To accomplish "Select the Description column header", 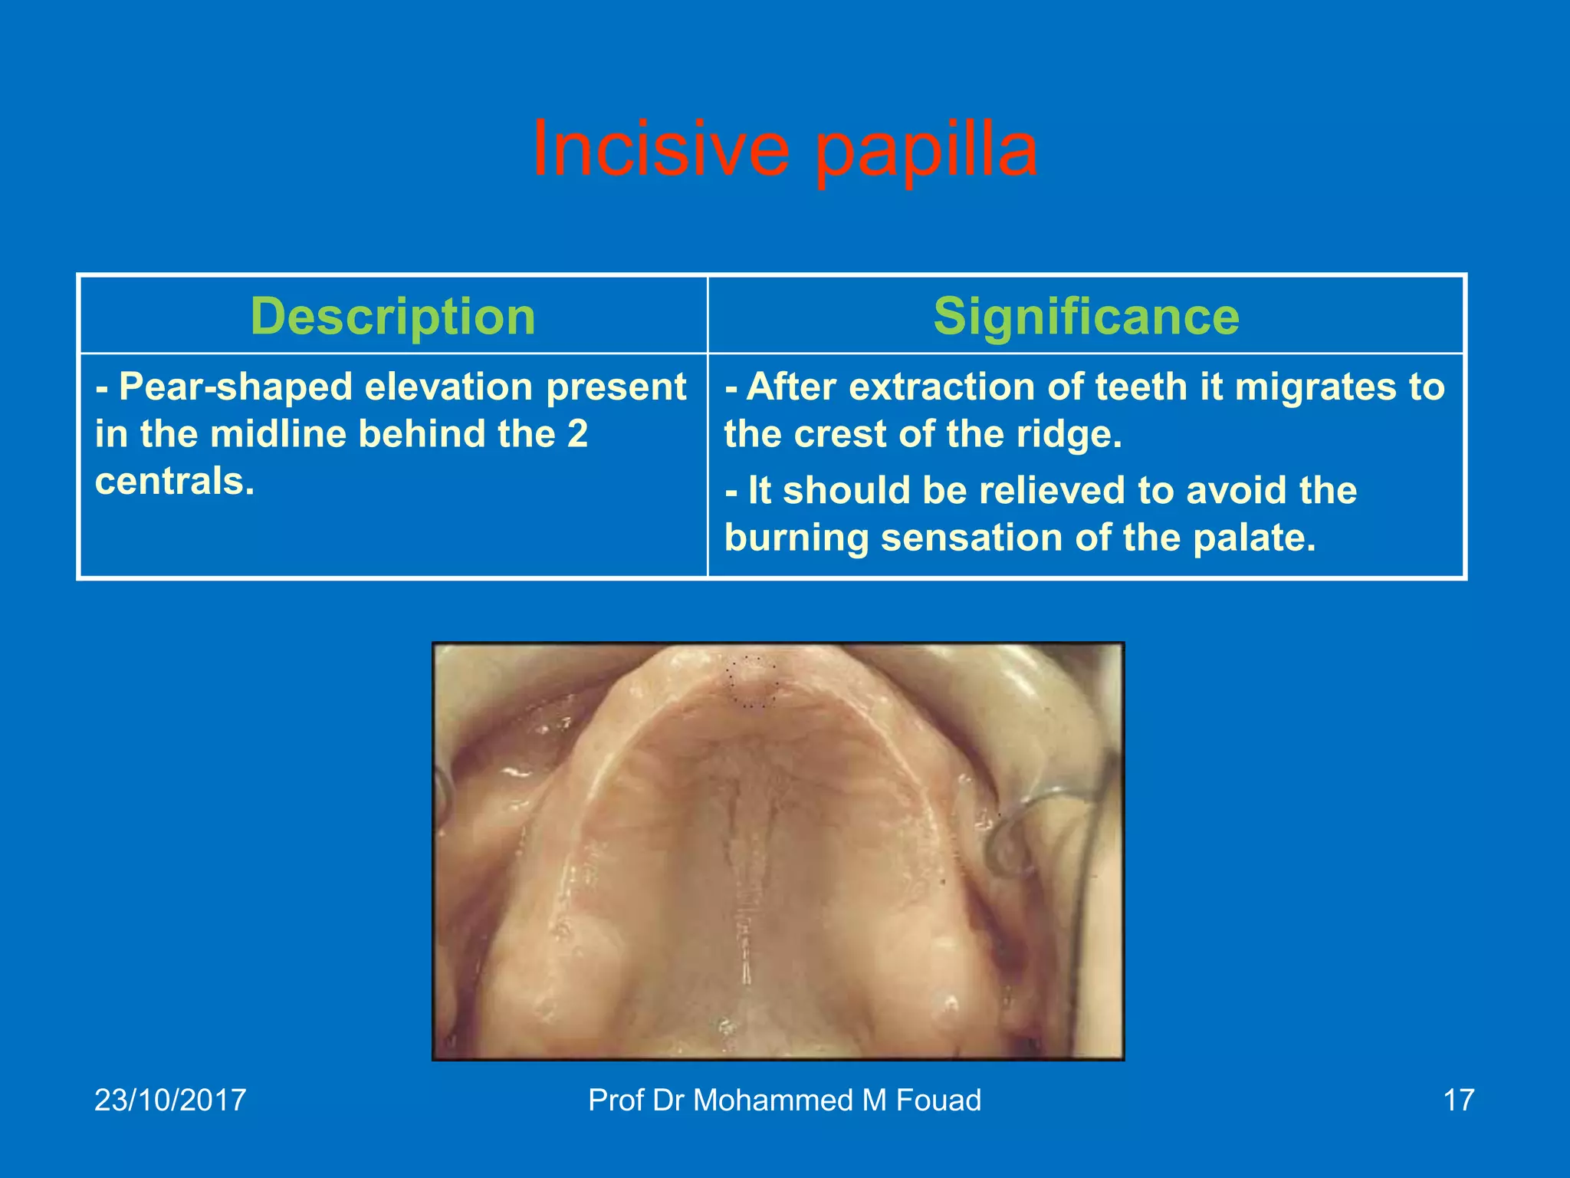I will pos(392,316).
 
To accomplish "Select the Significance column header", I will pos(1086,316).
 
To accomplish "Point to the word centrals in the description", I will pos(172,482).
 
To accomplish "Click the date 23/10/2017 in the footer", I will pos(170,1100).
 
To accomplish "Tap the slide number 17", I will pos(1458,1100).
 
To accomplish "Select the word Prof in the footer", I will pos(616,1100).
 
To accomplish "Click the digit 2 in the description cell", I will pos(577,435).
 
